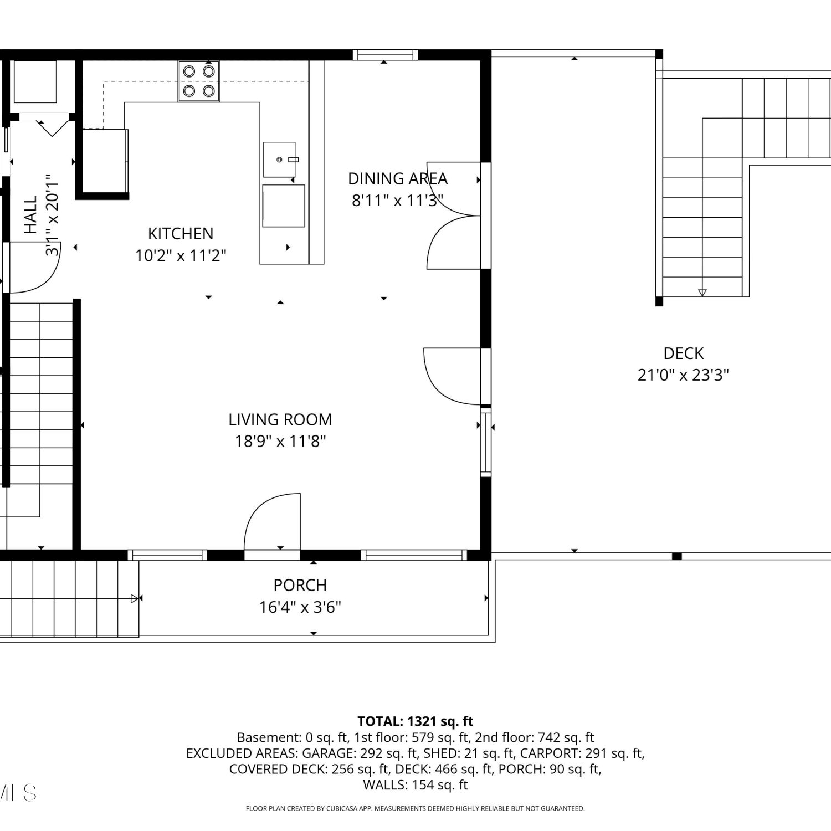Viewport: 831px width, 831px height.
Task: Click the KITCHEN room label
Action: coord(181,233)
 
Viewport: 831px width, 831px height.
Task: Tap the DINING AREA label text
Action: coord(397,178)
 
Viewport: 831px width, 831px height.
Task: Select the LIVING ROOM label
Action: coord(280,419)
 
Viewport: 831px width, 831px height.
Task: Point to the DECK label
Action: coord(683,353)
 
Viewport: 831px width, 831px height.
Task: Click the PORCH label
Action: coord(300,585)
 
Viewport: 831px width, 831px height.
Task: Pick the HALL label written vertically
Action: coord(30,214)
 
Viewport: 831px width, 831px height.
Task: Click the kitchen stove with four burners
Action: coord(199,81)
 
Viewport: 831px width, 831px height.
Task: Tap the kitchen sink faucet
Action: coord(293,160)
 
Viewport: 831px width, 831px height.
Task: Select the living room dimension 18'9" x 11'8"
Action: coord(280,441)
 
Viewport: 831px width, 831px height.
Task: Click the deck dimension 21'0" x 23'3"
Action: coord(683,375)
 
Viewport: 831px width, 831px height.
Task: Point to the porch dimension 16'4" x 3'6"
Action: coord(300,607)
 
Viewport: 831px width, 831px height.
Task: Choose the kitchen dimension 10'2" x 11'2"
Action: coord(181,255)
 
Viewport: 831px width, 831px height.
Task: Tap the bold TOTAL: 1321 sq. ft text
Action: coord(416,721)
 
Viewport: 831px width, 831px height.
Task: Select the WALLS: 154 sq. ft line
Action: coord(416,785)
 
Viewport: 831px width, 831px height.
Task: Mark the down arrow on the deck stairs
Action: coord(702,293)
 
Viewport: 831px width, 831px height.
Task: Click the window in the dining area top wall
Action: coord(385,54)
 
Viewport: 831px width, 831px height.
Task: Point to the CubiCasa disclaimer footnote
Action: coord(416,808)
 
